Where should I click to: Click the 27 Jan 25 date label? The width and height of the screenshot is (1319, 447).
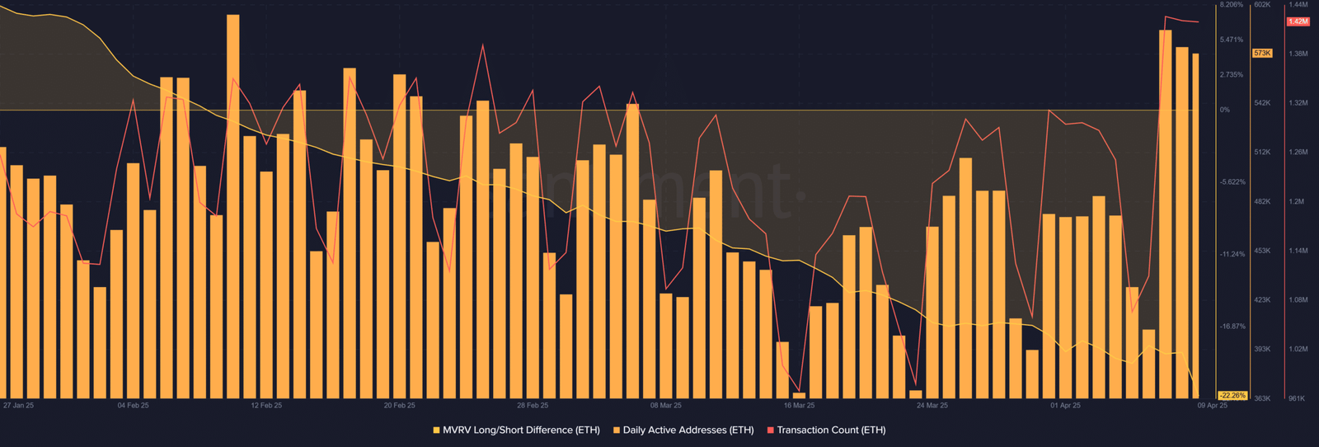tap(18, 406)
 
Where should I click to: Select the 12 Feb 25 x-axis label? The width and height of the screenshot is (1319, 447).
tap(266, 406)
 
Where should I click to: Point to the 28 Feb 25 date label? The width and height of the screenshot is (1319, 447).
tap(533, 406)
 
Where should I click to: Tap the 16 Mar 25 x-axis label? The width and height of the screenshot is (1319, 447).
tap(799, 406)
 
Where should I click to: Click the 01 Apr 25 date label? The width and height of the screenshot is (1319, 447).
tap(1065, 406)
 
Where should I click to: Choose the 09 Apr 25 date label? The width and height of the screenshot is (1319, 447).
tap(1212, 406)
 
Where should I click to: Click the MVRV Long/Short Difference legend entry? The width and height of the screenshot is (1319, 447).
tap(517, 431)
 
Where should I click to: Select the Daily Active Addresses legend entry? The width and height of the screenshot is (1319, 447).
tap(683, 431)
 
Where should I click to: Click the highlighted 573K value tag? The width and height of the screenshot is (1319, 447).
tap(1262, 54)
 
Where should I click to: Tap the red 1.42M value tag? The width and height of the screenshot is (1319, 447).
tap(1298, 21)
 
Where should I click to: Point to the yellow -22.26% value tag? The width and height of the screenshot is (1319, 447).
tap(1232, 396)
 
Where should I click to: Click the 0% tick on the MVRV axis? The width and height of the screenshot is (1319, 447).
tap(1225, 110)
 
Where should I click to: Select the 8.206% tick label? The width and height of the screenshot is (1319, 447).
tap(1232, 5)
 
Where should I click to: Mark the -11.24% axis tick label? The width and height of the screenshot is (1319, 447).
tap(1232, 254)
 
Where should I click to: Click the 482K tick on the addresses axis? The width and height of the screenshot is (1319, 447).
tap(1262, 202)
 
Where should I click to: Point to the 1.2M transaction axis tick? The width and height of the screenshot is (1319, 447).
tap(1297, 202)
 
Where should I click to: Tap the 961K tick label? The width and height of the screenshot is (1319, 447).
tap(1297, 398)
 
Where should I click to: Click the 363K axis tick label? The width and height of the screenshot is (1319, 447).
tap(1262, 398)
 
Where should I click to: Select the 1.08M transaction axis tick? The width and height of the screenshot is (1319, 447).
tap(1298, 300)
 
